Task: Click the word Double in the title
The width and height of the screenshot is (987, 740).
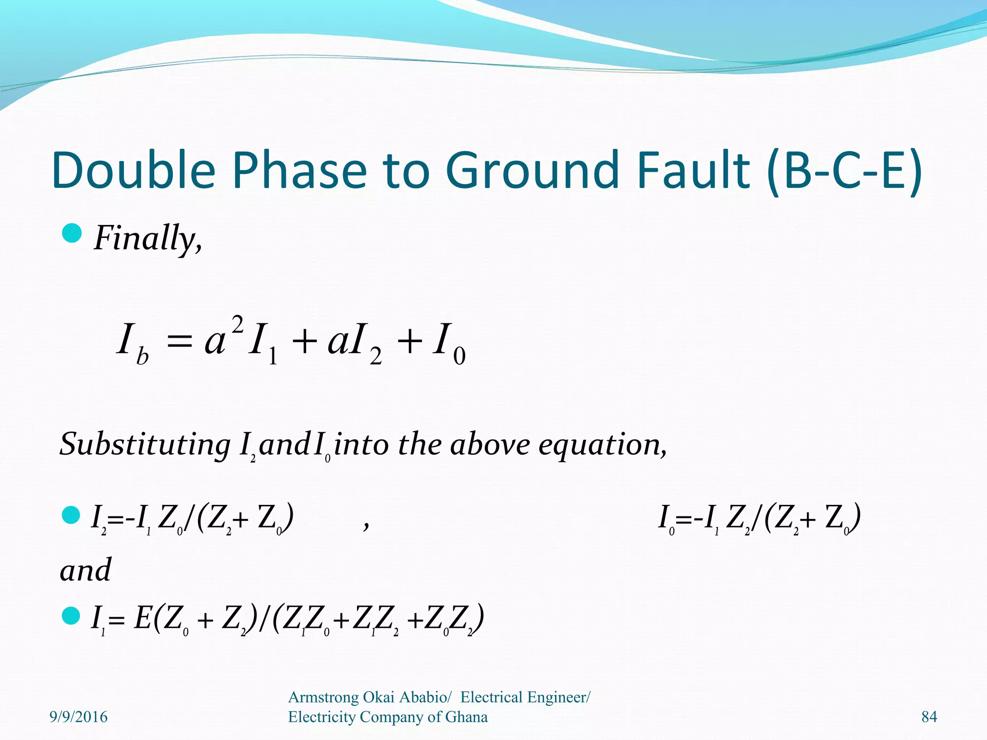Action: click(133, 170)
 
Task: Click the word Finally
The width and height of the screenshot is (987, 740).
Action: click(147, 238)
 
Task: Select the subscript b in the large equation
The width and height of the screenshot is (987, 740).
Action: click(143, 357)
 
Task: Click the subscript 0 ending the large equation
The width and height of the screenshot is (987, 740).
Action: click(459, 357)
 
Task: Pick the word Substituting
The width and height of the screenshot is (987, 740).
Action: click(145, 444)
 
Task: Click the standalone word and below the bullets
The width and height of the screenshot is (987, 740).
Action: click(85, 570)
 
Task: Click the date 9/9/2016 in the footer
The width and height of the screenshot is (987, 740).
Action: click(79, 717)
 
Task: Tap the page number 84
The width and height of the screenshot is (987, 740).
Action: click(929, 717)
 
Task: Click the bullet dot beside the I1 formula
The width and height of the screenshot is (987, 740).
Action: click(72, 615)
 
